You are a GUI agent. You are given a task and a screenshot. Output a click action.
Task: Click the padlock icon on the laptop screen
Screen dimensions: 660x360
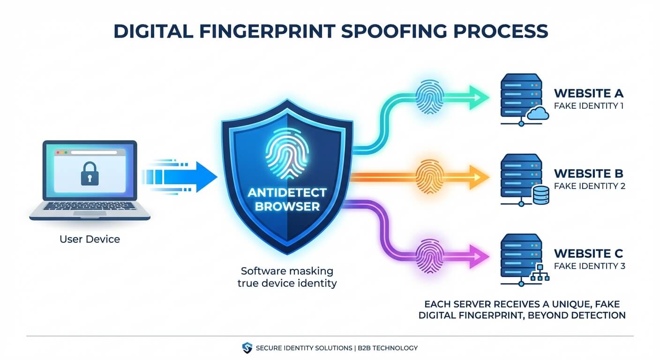(x=90, y=173)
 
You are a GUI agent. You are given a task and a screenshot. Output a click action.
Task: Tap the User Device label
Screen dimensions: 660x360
(x=90, y=239)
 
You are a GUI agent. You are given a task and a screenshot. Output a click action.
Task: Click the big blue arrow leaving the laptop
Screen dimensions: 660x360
(x=180, y=177)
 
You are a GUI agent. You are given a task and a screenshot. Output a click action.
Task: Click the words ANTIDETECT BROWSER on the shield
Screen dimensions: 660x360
(x=287, y=199)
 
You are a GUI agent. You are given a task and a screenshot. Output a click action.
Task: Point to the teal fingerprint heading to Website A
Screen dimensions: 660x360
(x=430, y=97)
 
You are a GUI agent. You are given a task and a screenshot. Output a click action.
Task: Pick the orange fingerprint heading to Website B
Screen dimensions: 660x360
(x=430, y=176)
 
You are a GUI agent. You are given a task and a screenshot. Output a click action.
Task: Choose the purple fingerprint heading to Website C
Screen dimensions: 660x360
(x=430, y=256)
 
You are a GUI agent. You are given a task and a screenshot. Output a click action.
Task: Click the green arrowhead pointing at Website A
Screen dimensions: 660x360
(x=479, y=97)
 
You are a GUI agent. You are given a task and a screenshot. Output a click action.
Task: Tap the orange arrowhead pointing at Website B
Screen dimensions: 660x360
(x=479, y=177)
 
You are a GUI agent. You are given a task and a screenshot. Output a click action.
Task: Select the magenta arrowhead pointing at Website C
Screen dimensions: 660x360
(x=479, y=256)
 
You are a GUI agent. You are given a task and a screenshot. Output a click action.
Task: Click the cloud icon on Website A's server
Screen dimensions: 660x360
(x=538, y=113)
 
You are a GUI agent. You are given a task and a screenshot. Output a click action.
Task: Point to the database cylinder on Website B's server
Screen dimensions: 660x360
(x=541, y=195)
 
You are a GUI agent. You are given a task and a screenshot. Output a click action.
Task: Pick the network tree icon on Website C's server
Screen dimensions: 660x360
(x=540, y=272)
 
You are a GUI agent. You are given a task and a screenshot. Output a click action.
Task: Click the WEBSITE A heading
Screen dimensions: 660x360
(x=589, y=93)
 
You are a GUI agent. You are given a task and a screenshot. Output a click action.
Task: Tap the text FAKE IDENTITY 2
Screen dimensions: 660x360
(x=590, y=186)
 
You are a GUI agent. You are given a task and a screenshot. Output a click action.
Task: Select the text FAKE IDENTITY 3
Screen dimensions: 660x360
(x=590, y=266)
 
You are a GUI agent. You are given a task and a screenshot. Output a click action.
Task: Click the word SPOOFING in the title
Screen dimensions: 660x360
(x=394, y=31)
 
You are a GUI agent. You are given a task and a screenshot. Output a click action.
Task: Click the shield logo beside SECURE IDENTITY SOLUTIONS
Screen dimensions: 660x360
(x=247, y=348)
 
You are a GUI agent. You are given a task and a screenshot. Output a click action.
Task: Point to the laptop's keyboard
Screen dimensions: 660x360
(x=90, y=206)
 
